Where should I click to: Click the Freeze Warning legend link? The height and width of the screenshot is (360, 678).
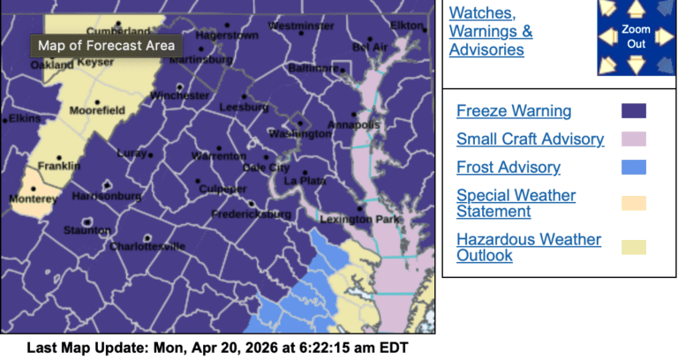(514, 111)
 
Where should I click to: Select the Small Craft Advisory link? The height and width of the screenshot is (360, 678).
(530, 139)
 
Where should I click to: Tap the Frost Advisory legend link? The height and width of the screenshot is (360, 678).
(508, 167)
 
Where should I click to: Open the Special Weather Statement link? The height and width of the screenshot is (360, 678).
(516, 203)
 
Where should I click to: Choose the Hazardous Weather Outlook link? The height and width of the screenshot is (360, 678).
(529, 247)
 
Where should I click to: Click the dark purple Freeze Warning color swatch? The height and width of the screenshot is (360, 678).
(634, 111)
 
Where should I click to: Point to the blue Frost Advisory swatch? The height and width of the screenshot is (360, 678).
(634, 167)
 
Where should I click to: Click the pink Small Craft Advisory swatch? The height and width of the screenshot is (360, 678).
(634, 139)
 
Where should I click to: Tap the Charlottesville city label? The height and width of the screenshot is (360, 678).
(147, 247)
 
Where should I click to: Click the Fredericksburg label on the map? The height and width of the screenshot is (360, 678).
(252, 214)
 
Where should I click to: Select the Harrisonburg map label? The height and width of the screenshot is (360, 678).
(103, 196)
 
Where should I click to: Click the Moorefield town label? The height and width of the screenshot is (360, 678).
(96, 111)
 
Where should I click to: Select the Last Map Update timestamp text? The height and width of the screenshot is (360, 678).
(217, 348)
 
